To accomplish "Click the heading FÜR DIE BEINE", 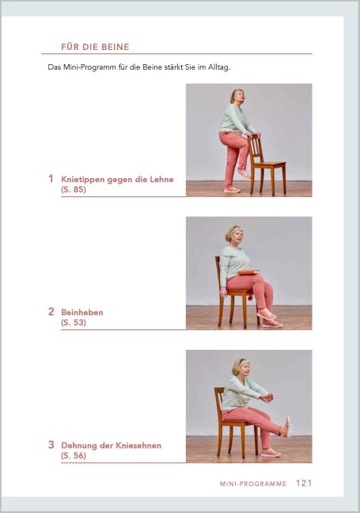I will click(94, 47).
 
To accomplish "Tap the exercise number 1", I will click(51, 179).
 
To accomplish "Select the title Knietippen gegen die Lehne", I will click(117, 179).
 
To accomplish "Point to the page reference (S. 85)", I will click(74, 190).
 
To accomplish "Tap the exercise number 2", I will click(51, 312).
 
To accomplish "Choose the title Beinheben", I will click(82, 312).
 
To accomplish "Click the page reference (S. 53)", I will click(74, 323).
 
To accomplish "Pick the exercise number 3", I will click(51, 445).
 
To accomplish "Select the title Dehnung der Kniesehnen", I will click(111, 445).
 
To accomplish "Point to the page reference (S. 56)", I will click(74, 456).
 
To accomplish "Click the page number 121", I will click(304, 482).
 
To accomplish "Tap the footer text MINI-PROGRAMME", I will click(253, 483).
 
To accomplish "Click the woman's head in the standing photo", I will click(237, 97).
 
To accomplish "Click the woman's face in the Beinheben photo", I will click(237, 234).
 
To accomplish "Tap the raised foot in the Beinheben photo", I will click(267, 314).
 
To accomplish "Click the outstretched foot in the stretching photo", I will click(286, 426).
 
